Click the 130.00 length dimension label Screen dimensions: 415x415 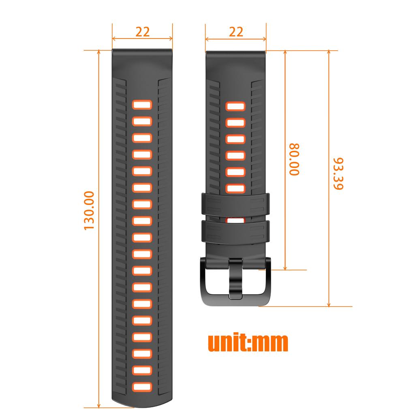[x=89, y=211]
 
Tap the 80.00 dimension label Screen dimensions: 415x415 [x=294, y=159]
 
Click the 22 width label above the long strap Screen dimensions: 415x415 [x=142, y=32]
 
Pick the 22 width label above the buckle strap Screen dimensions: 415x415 [x=236, y=32]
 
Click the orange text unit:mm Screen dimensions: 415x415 [x=248, y=343]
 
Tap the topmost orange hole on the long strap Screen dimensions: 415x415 [x=142, y=105]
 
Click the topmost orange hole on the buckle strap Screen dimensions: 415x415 [x=236, y=106]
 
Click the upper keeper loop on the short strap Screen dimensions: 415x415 [x=236, y=203]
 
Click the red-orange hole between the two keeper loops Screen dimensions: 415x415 [x=236, y=219]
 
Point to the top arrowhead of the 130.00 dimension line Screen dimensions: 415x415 [x=99, y=52]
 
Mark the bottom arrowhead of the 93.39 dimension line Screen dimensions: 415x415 [x=329, y=304]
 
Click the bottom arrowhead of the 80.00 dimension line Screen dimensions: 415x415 [x=285, y=267]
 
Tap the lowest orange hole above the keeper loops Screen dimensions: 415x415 [x=236, y=188]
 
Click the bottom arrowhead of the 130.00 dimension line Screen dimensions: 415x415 [x=99, y=405]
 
